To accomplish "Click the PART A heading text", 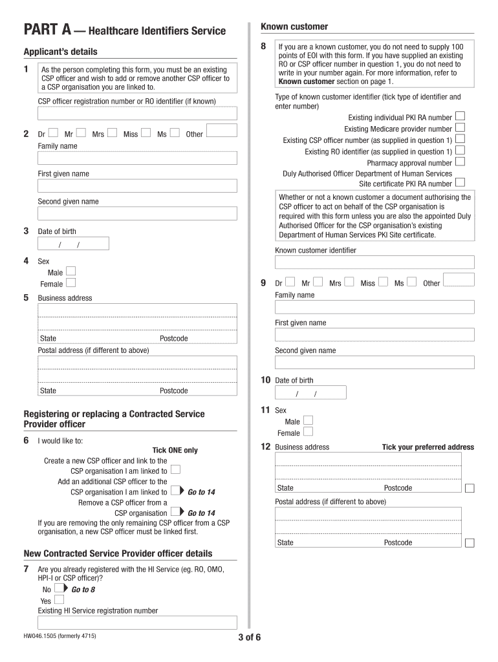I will tap(125, 30).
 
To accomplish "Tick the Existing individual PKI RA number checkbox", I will tap(460, 116).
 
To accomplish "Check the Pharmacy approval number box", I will tap(460, 162).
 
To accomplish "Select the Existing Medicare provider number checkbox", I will tap(460, 128).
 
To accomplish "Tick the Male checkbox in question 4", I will tap(70, 272).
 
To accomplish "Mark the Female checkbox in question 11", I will tap(308, 432).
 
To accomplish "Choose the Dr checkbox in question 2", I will tap(52, 133).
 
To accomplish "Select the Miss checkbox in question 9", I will tap(383, 282).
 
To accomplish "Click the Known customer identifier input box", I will tap(374, 262).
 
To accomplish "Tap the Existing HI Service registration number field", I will tap(137, 622).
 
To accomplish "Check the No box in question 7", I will tap(58, 589).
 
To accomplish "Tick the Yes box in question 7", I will tap(58, 600).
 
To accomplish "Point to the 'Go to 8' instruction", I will tap(83, 590).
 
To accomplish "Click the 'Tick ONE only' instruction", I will tap(175, 450).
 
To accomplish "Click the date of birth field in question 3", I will tap(73, 244).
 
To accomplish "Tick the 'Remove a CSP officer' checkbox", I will tap(174, 513).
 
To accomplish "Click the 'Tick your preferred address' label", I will tap(428, 447).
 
